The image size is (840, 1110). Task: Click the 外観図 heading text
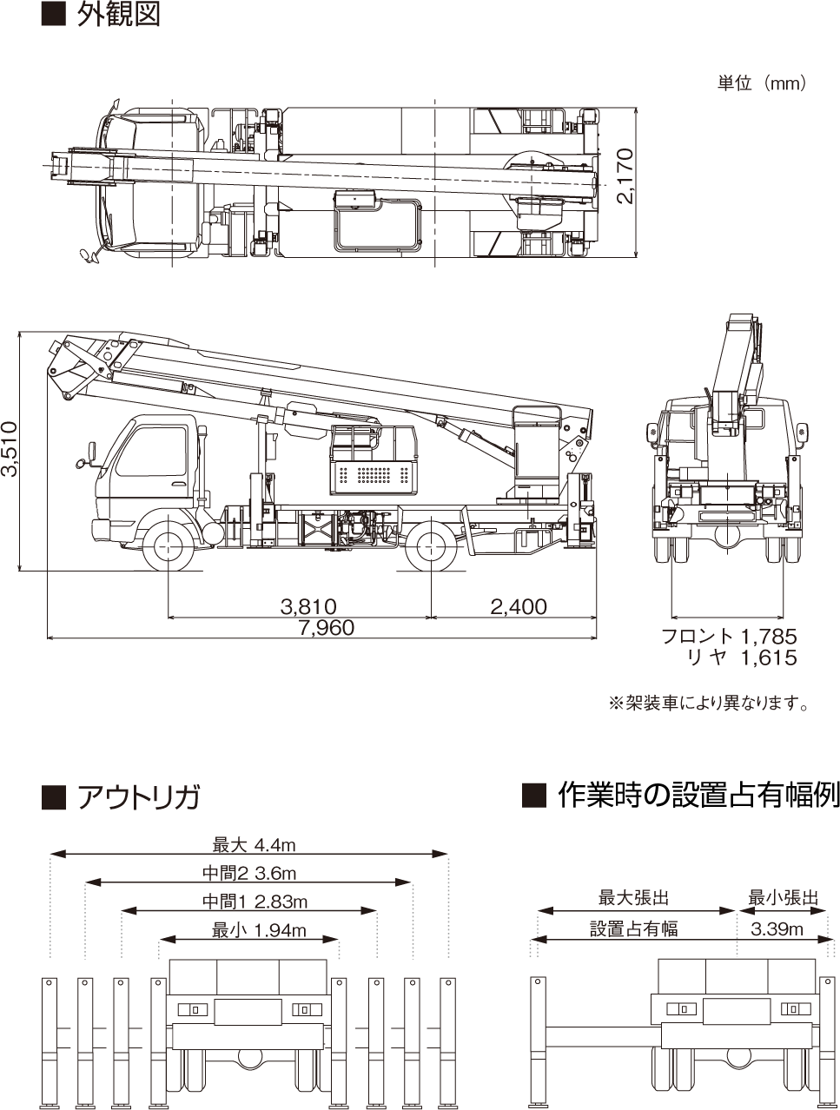click(x=118, y=14)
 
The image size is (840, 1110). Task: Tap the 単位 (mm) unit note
click(x=761, y=83)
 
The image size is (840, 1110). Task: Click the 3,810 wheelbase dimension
click(x=308, y=606)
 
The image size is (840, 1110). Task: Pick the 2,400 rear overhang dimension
click(x=519, y=606)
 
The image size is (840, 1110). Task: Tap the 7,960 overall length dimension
click(x=327, y=628)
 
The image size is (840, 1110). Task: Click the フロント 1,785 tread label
click(x=730, y=636)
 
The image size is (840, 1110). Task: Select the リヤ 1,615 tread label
click(x=743, y=657)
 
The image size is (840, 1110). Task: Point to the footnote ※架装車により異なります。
click(x=709, y=704)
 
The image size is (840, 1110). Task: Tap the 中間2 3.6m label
click(x=249, y=873)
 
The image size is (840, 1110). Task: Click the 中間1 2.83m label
click(x=255, y=902)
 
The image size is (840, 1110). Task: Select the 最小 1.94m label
click(x=259, y=930)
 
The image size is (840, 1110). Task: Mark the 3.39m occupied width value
click(x=777, y=929)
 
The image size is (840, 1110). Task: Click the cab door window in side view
click(x=151, y=451)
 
